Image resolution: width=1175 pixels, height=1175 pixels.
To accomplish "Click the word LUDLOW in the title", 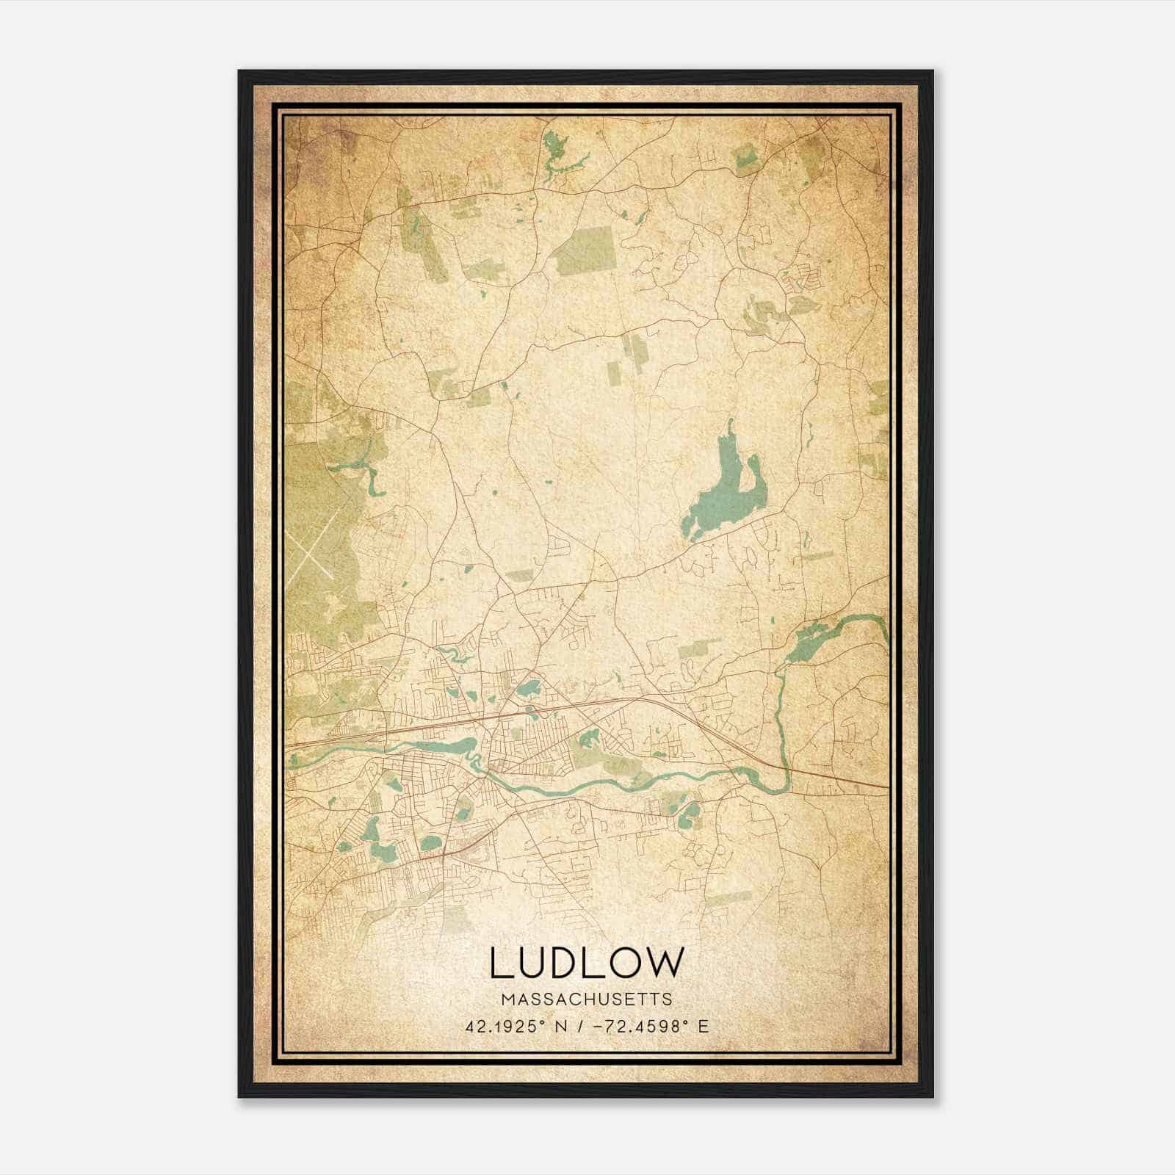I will [586, 963].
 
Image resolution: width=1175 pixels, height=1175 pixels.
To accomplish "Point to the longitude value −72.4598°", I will [637, 1027].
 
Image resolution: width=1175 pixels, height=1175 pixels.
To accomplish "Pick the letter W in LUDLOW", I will [663, 963].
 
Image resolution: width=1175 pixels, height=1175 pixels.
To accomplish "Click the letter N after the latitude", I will [562, 1027].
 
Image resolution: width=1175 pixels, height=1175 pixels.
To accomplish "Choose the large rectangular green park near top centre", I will [585, 250].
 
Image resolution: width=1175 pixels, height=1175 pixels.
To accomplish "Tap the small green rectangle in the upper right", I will [745, 159].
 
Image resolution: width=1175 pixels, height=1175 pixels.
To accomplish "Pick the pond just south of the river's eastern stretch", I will [691, 811].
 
